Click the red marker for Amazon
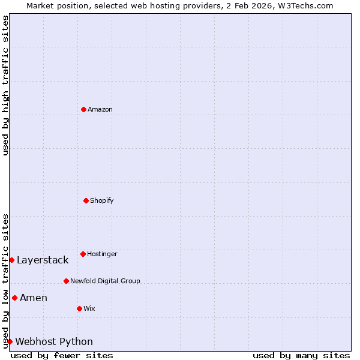tap(83, 109)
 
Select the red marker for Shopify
tap(86, 200)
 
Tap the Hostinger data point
tap(83, 254)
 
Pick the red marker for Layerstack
tap(11, 260)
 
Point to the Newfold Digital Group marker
tap(66, 281)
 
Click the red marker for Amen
tap(14, 298)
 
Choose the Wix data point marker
tap(79, 308)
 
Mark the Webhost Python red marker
tap(10, 341)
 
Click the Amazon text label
tap(100, 109)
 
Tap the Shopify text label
tap(102, 200)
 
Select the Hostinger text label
tap(102, 254)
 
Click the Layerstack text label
tap(43, 260)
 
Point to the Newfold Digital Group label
tap(105, 281)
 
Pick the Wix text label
tap(89, 308)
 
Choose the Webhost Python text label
tap(54, 341)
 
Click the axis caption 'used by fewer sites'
tap(62, 355)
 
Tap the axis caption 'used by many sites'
tap(301, 355)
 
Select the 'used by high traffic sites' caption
tap(5, 85)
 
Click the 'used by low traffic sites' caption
tap(5, 281)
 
